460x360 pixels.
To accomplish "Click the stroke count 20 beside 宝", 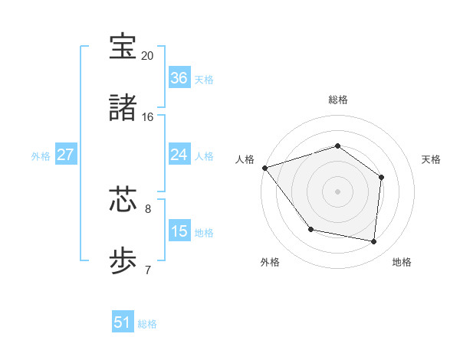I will [148, 56].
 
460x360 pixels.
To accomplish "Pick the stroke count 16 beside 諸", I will [148, 117].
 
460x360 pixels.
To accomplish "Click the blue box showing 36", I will [179, 78].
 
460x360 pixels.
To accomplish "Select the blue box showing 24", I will [179, 155].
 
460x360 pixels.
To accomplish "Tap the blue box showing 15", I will [179, 231].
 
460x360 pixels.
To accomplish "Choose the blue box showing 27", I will [66, 155].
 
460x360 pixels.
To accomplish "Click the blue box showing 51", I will [123, 322].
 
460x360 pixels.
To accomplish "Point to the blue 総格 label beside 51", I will [147, 324].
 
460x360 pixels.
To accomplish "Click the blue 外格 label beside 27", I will [41, 156].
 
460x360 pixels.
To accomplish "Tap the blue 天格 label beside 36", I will [204, 80].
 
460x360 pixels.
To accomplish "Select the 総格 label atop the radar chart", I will [337, 100].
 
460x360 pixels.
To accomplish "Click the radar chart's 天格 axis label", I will [432, 159].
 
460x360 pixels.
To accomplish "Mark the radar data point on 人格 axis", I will [264, 167].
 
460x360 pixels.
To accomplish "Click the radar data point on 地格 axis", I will [373, 241].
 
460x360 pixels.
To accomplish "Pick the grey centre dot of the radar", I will [337, 191].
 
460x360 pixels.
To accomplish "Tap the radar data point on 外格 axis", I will [310, 229].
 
